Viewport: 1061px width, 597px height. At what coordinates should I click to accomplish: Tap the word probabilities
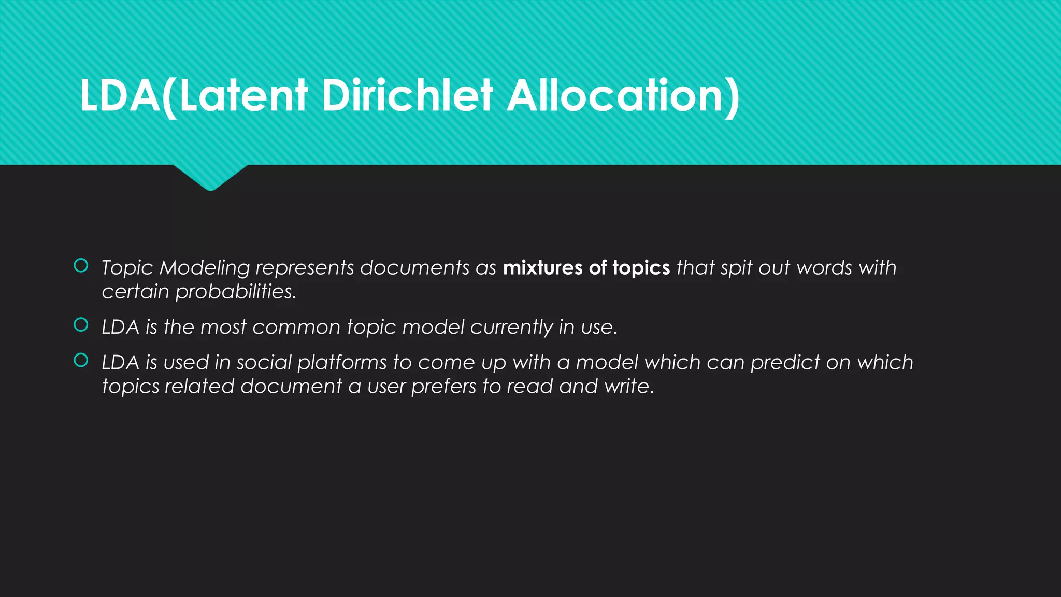(236, 292)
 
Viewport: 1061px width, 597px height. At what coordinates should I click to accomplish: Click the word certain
(135, 292)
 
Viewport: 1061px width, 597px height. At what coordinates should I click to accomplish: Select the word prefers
(443, 387)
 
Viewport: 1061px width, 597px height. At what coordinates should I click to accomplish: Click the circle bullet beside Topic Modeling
(81, 266)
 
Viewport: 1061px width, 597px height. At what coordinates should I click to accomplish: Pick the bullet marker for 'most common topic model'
(81, 325)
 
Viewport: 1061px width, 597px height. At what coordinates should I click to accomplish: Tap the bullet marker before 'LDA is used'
(81, 360)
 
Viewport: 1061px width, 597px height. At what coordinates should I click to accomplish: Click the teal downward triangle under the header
(210, 176)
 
